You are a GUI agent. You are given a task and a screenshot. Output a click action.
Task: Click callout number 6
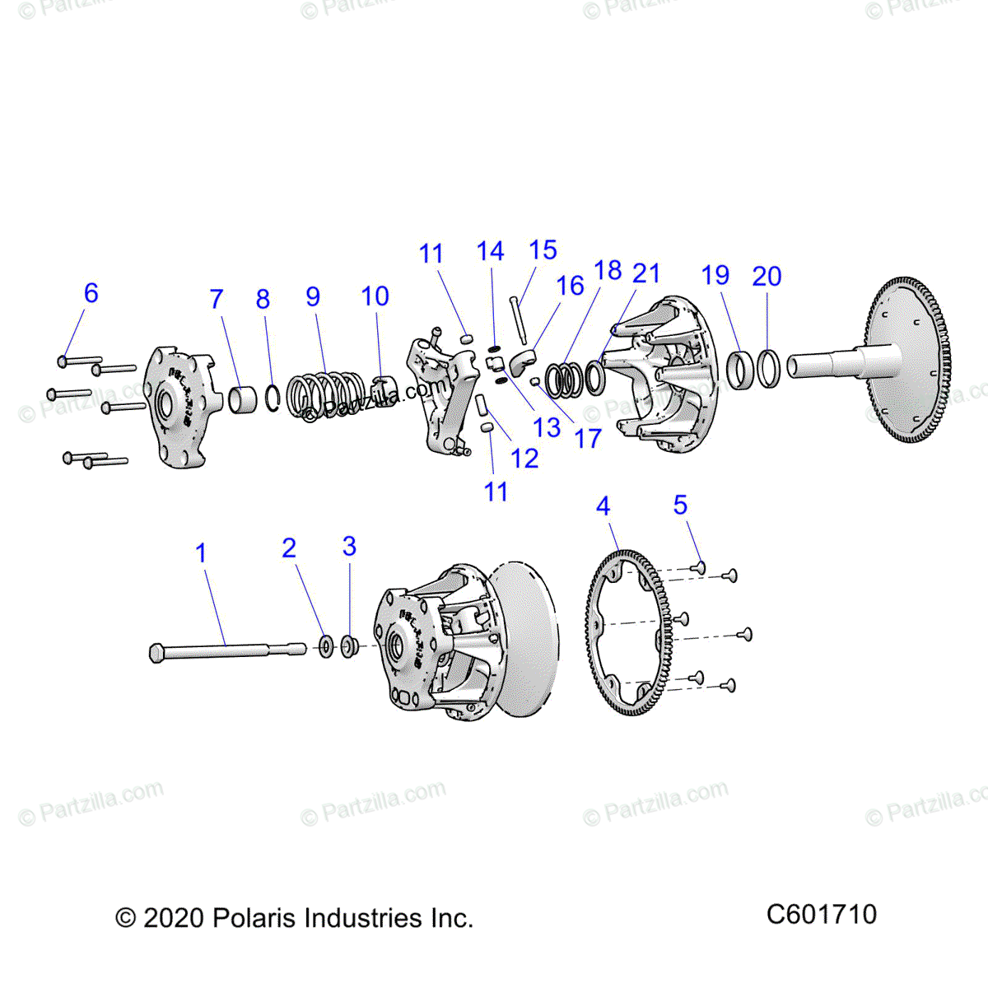pos(91,293)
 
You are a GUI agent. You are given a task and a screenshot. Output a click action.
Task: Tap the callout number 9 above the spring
pos(313,296)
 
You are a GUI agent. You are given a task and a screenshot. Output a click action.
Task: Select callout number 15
pos(543,250)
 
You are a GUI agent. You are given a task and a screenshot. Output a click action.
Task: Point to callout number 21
pos(646,273)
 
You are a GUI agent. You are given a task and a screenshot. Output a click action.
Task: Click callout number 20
pos(767,277)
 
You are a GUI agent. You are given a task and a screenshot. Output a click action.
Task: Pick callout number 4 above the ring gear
pos(604,506)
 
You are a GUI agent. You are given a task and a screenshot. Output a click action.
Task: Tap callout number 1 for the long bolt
pos(201,553)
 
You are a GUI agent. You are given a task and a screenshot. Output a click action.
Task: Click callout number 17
pos(588,439)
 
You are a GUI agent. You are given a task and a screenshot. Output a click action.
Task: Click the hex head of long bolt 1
pos(157,653)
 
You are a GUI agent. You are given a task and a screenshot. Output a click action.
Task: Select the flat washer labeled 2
pos(326,646)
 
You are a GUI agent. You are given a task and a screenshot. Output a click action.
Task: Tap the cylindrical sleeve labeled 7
pos(243,399)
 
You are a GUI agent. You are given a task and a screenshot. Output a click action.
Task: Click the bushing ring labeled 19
pos(739,370)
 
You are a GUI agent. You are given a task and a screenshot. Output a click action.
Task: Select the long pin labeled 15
pos(518,319)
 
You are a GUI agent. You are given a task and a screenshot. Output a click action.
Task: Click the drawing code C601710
pos(821,914)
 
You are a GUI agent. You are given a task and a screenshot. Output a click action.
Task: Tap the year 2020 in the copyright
pos(173,918)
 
